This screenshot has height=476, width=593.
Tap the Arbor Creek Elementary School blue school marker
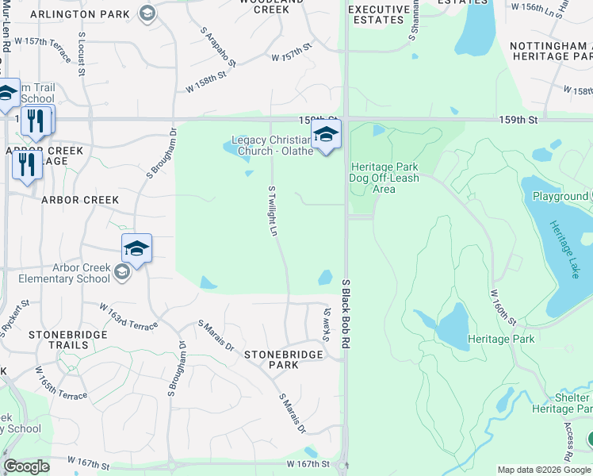136,249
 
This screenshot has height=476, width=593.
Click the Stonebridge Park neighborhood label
283,359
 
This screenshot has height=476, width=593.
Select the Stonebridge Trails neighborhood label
67,340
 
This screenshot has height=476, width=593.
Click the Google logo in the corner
27,466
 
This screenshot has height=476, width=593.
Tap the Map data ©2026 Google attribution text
543,470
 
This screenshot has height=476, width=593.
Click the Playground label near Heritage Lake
560,196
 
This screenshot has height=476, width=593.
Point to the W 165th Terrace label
60,382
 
